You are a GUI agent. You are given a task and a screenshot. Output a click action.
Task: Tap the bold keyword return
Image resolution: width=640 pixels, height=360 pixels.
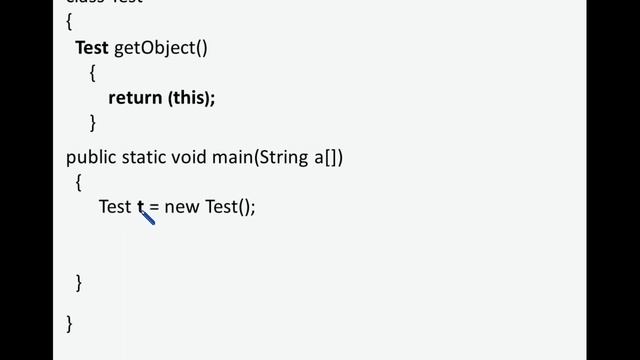pyautogui.click(x=134, y=98)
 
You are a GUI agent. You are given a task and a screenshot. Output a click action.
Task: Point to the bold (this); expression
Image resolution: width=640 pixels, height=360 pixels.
pyautogui.click(x=191, y=98)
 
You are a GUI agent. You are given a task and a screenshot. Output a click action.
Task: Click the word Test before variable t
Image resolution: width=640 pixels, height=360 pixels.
pyautogui.click(x=114, y=207)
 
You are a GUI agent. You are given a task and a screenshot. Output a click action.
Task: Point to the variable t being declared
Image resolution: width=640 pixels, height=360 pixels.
pyautogui.click(x=141, y=207)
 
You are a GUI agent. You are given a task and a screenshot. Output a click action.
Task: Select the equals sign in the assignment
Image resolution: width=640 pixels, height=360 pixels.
pyautogui.click(x=154, y=208)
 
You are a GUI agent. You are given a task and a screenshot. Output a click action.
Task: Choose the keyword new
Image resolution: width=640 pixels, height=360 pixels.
pyautogui.click(x=182, y=208)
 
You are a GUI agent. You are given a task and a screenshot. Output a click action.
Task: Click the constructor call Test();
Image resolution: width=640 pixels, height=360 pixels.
pyautogui.click(x=231, y=208)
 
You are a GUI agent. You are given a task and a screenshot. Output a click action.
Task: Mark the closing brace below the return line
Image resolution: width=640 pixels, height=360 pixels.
pyautogui.click(x=92, y=123)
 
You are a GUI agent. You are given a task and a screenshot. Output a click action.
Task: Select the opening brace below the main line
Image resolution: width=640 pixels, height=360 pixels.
pyautogui.click(x=79, y=183)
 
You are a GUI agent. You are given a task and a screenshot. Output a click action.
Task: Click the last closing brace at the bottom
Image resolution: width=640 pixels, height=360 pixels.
pyautogui.click(x=69, y=323)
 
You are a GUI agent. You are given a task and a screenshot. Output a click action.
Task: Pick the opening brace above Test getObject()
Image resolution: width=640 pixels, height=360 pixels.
pyautogui.click(x=69, y=22)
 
